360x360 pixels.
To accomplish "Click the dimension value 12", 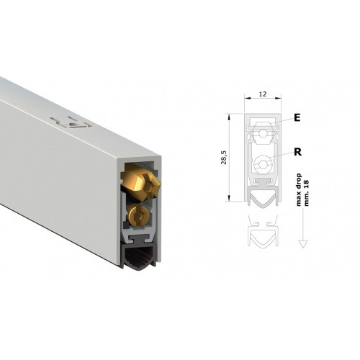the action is click(263, 94).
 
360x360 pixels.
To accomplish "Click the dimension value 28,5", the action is click(224, 158).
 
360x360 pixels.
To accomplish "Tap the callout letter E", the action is click(297, 117).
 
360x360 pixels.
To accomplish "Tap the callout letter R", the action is click(297, 152).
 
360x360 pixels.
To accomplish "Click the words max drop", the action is click(299, 189).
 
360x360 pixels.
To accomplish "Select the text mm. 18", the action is click(306, 193).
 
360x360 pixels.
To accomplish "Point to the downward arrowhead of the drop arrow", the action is click(303, 244).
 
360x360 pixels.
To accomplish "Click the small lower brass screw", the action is click(138, 215).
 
